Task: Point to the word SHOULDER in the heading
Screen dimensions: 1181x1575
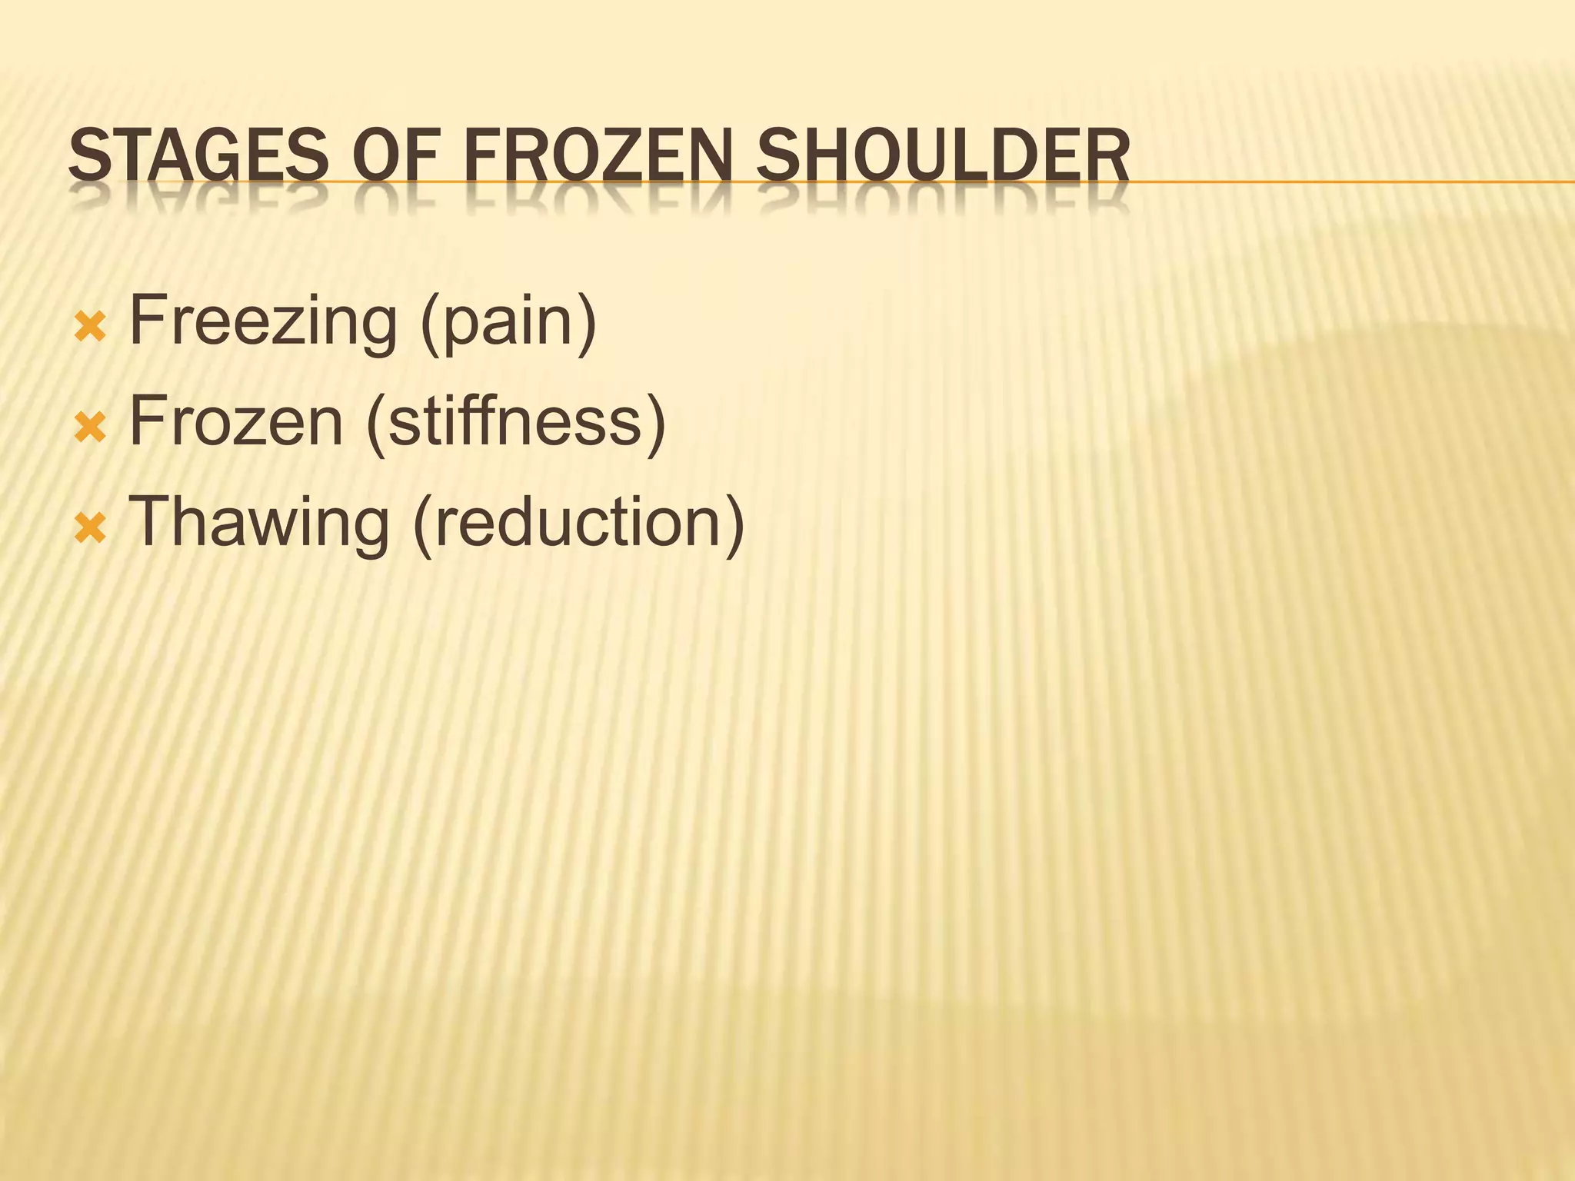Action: [x=943, y=158]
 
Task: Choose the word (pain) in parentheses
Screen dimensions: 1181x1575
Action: [x=508, y=323]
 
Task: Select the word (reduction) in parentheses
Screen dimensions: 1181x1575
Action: [x=579, y=523]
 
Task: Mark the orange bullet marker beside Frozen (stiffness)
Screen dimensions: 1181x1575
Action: [x=90, y=428]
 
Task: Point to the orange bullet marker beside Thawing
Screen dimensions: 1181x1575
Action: [x=90, y=529]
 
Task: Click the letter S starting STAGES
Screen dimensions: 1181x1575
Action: [x=85, y=158]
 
